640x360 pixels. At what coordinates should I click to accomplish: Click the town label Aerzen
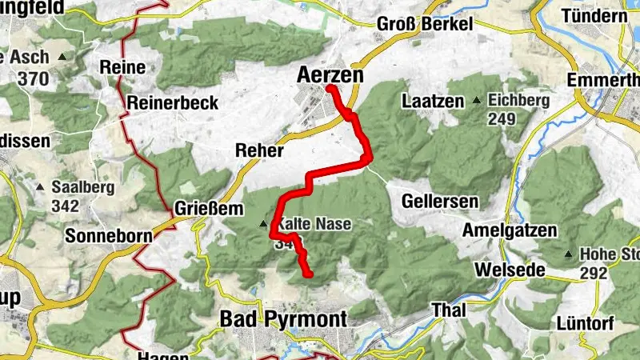(330, 75)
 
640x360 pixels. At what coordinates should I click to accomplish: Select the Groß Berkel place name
(424, 22)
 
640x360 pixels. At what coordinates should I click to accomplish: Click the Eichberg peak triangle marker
(477, 102)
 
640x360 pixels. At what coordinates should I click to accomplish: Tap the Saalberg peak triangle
(40, 187)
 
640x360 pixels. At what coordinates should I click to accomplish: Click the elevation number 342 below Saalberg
(64, 206)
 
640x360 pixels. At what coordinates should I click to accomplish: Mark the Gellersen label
(441, 200)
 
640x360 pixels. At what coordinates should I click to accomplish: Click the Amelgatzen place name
(510, 230)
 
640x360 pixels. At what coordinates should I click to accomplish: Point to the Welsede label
(510, 270)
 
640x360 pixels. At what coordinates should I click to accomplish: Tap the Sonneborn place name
(108, 237)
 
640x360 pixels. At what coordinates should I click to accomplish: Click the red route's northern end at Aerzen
(330, 89)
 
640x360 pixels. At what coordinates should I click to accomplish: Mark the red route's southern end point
(308, 274)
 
